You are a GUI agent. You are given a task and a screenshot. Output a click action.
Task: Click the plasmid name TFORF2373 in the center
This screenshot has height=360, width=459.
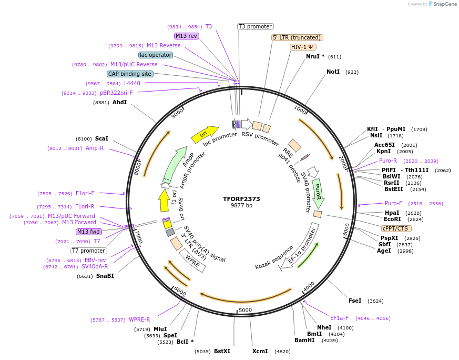click(x=241, y=199)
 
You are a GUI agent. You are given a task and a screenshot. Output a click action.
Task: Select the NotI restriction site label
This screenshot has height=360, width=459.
click(x=333, y=72)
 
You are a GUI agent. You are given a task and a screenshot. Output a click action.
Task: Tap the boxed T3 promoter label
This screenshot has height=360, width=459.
click(x=256, y=26)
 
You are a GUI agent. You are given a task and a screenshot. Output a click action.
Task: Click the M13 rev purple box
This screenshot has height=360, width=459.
click(x=187, y=36)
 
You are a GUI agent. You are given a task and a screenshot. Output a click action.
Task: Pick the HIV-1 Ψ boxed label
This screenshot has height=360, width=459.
click(x=303, y=47)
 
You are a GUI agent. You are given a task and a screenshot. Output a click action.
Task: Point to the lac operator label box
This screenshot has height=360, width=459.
click(x=156, y=55)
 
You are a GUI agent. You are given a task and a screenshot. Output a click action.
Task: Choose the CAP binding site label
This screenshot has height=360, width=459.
click(x=130, y=74)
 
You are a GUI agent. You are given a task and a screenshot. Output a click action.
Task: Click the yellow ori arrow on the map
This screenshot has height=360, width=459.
click(x=205, y=134)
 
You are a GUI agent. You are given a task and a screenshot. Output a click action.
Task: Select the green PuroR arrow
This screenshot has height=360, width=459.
click(x=318, y=193)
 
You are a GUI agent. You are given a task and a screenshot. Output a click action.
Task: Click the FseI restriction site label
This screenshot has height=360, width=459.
click(x=355, y=301)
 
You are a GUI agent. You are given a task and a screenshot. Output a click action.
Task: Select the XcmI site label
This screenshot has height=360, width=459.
click(x=260, y=351)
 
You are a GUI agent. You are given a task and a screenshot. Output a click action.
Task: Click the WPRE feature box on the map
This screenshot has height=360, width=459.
click(x=192, y=261)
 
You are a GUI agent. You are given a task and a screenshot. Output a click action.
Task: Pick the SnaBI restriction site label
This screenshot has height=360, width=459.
click(x=105, y=276)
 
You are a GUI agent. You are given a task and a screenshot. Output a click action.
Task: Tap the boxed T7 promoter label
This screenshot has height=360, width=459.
click(x=89, y=251)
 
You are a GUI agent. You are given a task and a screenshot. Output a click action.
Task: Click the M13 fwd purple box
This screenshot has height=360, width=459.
click(x=88, y=232)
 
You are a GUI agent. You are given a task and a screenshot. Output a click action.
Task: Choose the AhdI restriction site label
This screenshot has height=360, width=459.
click(x=119, y=102)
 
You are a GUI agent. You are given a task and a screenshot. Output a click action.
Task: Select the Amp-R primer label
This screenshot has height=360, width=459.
click(x=95, y=148)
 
